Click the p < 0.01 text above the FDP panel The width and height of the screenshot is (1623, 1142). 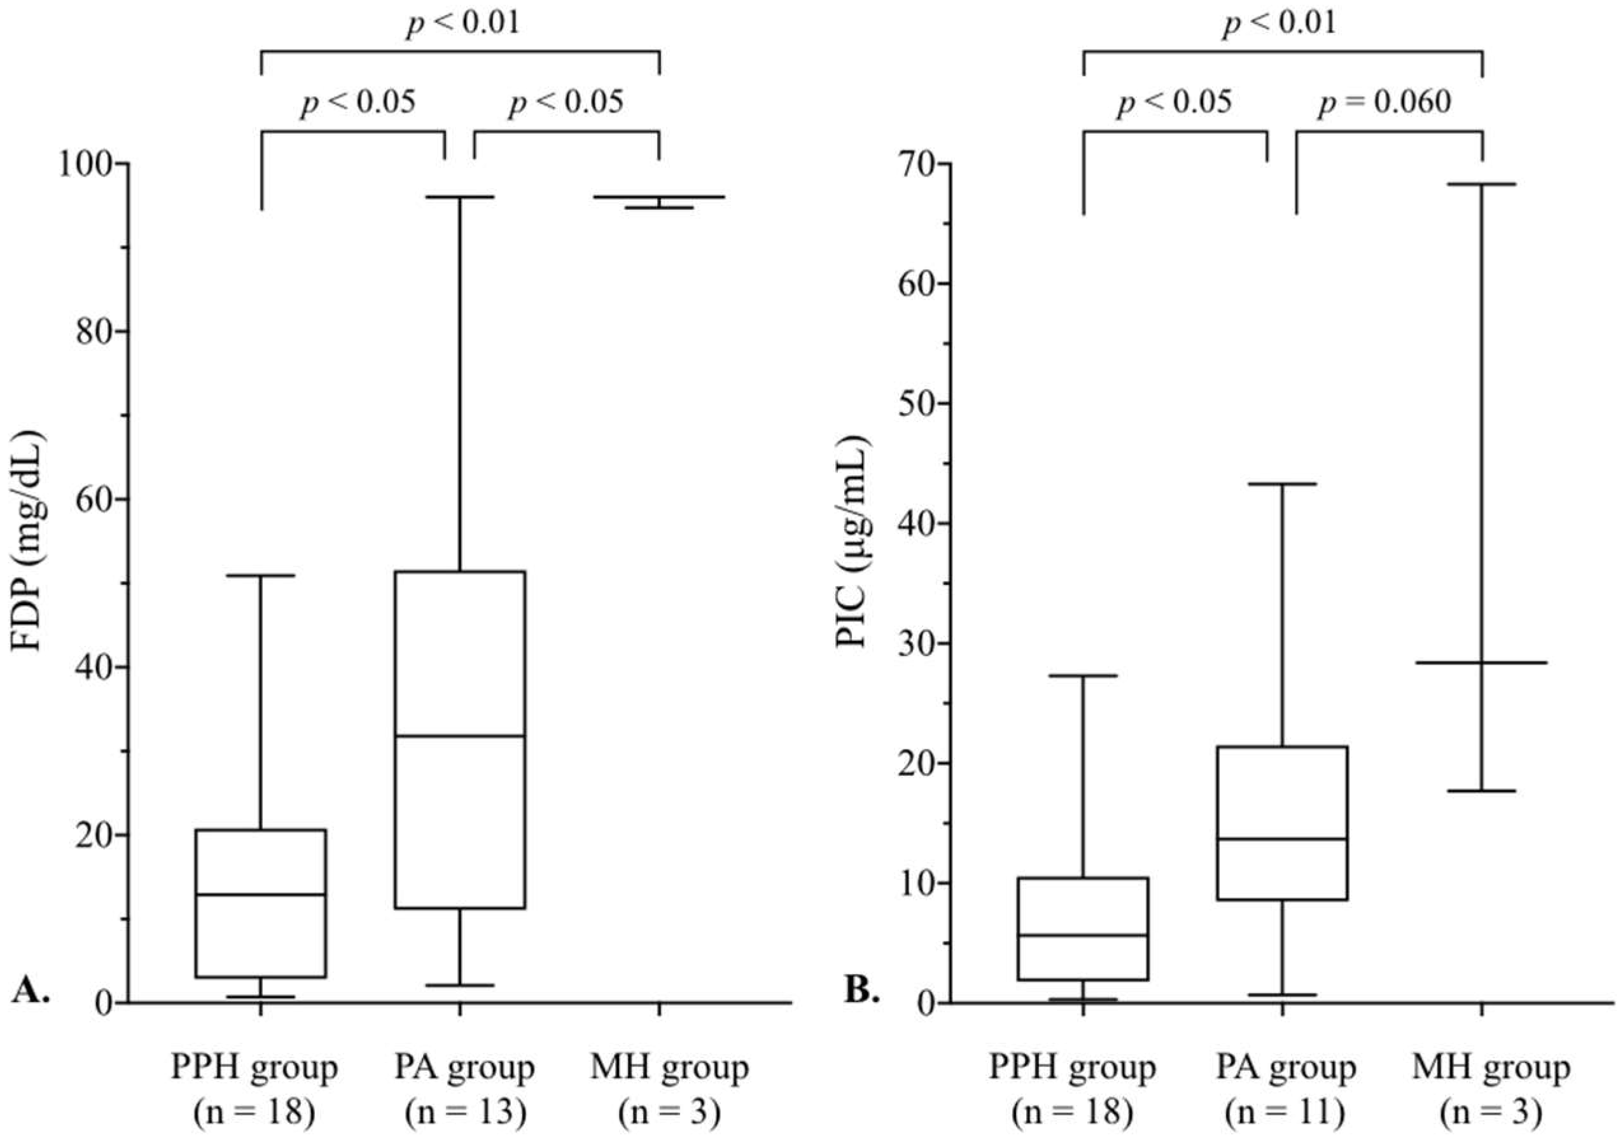pos(463,23)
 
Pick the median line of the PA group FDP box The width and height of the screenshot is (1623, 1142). pos(460,736)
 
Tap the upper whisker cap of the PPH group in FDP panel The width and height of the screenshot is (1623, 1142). pos(261,575)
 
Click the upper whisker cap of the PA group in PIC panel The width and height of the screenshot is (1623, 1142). pos(1283,484)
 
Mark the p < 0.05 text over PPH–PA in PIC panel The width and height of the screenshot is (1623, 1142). pos(1174,102)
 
